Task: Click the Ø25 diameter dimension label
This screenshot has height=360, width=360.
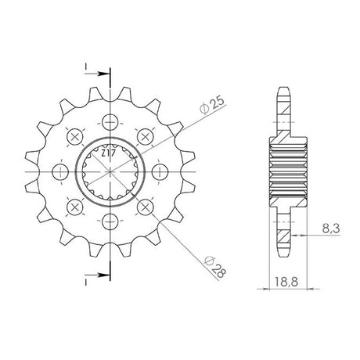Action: click(x=212, y=106)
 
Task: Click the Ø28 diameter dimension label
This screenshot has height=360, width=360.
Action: click(x=215, y=267)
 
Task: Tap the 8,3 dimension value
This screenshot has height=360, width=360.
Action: click(x=330, y=229)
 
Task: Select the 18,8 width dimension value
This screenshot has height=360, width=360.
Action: click(x=286, y=282)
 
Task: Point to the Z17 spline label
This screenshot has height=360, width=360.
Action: click(x=108, y=153)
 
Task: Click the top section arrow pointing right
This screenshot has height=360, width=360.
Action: click(x=96, y=74)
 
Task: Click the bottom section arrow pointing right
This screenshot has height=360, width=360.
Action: click(x=96, y=275)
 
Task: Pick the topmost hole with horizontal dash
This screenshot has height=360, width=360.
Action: click(x=110, y=122)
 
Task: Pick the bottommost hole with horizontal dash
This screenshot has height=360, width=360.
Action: click(x=110, y=221)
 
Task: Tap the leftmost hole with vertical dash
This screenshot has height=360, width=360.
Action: click(x=60, y=172)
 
